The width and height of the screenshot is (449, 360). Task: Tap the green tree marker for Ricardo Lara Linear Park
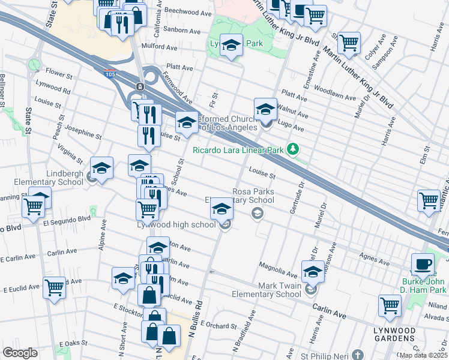[292, 148]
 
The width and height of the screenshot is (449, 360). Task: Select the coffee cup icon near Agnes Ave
[423, 265]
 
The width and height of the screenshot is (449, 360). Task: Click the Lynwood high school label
[176, 225]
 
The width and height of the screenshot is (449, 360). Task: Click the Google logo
[20, 353]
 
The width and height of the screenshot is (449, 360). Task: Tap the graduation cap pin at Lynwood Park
[231, 45]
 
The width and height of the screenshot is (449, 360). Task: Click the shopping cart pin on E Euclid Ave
[55, 287]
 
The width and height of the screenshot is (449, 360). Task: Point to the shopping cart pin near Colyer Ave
[349, 42]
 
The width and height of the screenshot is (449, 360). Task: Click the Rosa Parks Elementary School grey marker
[257, 214]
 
